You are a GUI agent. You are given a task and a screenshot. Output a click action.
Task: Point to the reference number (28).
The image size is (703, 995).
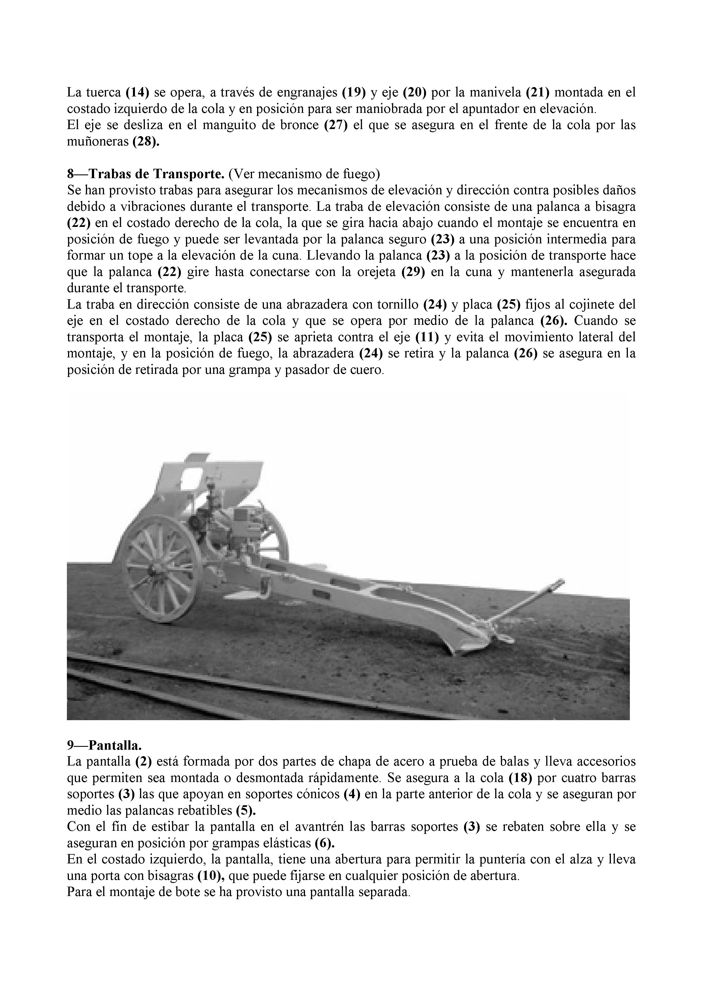coord(146,142)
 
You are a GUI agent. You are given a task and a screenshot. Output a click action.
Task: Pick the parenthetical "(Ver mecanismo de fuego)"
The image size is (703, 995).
coord(304,174)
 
